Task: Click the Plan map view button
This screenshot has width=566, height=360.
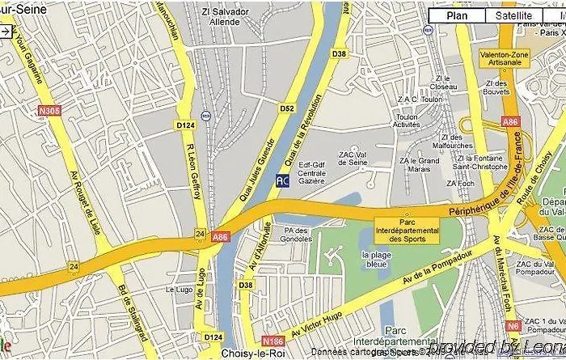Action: (457, 15)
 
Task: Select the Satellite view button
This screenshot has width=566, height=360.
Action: (514, 15)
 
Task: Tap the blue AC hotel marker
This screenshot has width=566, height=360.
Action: (282, 181)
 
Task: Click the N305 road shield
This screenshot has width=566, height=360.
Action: (49, 111)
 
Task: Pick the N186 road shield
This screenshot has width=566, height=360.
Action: (272, 342)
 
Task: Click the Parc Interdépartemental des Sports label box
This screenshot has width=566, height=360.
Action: (408, 229)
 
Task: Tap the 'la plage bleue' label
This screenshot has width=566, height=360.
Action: (377, 260)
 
